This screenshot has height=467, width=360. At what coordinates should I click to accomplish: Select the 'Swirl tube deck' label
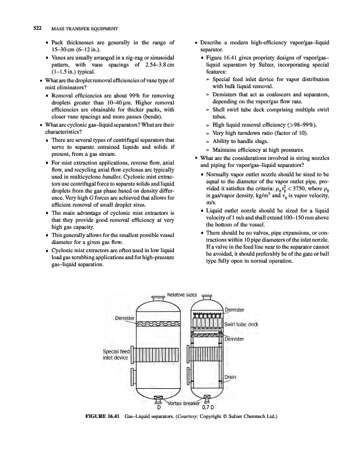click(242, 324)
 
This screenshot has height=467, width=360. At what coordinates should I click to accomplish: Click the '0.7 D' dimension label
click(208, 407)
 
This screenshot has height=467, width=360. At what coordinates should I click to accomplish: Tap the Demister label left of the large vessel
click(125, 318)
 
